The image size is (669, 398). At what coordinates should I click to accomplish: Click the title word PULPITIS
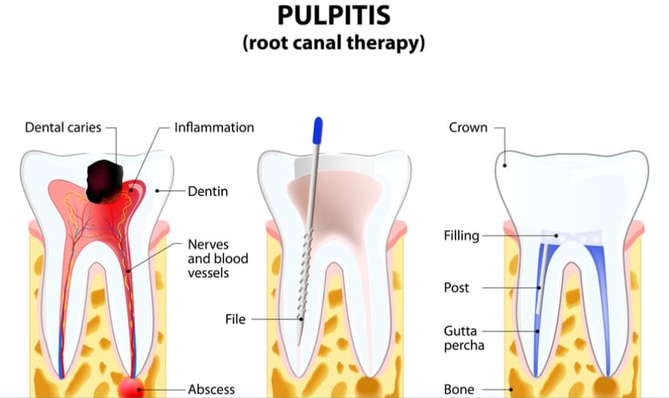pyautogui.click(x=334, y=16)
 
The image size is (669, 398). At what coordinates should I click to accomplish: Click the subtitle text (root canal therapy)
pyautogui.click(x=334, y=43)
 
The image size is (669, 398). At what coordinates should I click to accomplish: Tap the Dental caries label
pyautogui.click(x=63, y=127)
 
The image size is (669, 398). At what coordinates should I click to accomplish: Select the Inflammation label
pyautogui.click(x=214, y=127)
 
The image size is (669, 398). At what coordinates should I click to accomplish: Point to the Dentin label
pyautogui.click(x=208, y=191)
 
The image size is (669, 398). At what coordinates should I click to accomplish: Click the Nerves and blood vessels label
pyautogui.click(x=217, y=259)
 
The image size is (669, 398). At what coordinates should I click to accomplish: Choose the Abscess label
pyautogui.click(x=211, y=389)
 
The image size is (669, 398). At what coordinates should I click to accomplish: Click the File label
pyautogui.click(x=236, y=319)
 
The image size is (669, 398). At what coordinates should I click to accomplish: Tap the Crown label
pyautogui.click(x=468, y=127)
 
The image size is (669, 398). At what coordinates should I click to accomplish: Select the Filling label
pyautogui.click(x=461, y=236)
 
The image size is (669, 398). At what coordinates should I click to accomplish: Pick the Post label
pyautogui.click(x=456, y=287)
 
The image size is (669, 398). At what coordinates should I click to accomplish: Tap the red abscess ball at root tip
pyautogui.click(x=131, y=388)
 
